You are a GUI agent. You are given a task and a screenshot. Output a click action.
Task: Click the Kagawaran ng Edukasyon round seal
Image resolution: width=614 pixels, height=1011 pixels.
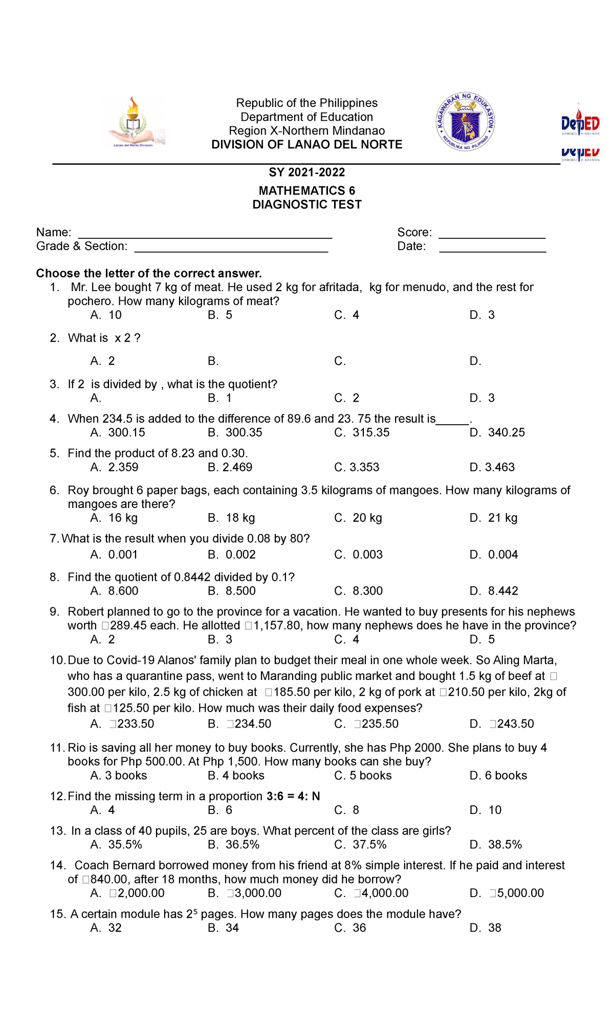(465, 122)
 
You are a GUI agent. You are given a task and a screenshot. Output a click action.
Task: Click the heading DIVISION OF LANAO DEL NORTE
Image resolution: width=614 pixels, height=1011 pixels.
(307, 145)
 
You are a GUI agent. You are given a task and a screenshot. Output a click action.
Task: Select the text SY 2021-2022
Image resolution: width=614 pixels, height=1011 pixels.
(307, 172)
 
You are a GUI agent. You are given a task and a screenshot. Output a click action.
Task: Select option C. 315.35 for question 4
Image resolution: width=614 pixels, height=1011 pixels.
(362, 432)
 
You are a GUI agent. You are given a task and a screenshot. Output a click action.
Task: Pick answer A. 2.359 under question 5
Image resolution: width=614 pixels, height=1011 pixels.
(114, 467)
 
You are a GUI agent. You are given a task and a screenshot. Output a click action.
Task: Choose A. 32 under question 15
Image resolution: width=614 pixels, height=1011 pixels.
(106, 928)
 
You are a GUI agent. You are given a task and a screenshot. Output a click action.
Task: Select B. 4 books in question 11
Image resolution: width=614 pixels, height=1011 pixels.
(236, 775)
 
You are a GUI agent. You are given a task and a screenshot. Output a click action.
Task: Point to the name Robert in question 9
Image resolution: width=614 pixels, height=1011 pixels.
(85, 612)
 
